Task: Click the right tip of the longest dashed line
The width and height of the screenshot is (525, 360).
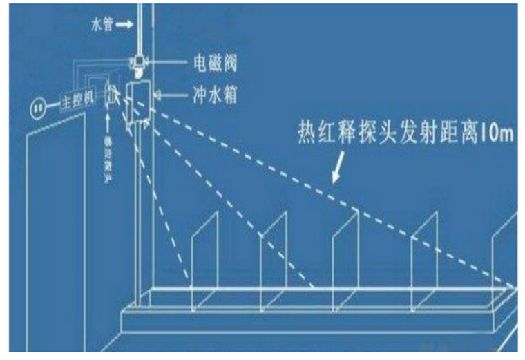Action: (514, 284)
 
